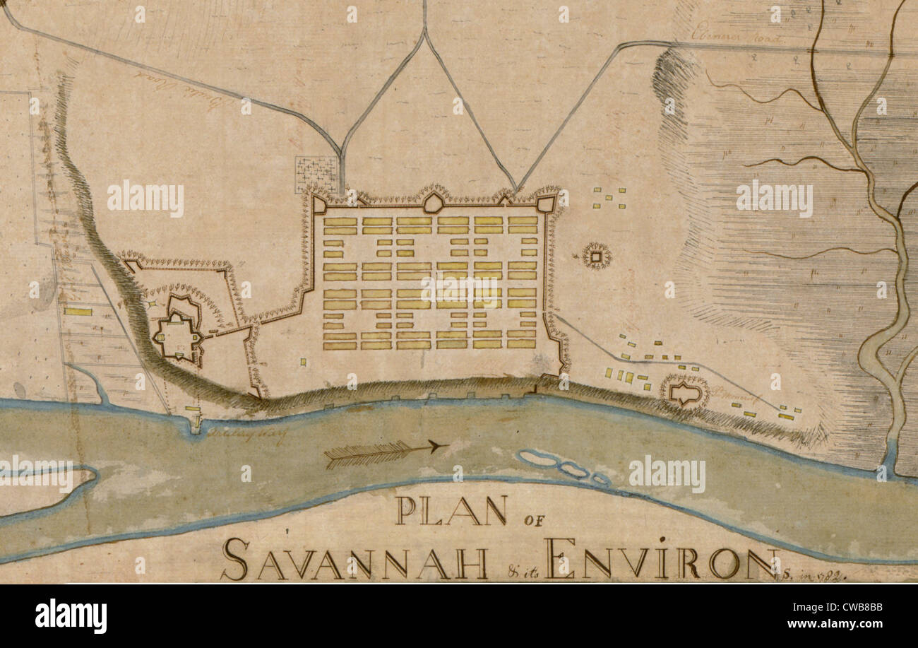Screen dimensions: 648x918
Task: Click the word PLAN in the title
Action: tap(451, 510)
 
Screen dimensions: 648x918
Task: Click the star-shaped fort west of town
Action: tap(177, 329)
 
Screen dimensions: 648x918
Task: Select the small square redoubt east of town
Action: tap(597, 256)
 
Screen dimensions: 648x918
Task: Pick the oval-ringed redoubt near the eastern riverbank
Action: tap(684, 391)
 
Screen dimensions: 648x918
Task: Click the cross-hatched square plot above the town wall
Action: tap(316, 173)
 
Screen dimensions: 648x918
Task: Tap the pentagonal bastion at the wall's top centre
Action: tap(433, 203)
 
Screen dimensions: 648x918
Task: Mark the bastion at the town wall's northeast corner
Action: tap(545, 204)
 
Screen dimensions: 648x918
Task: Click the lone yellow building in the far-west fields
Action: tap(78, 311)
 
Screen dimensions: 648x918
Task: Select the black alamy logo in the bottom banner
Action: tap(71, 615)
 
